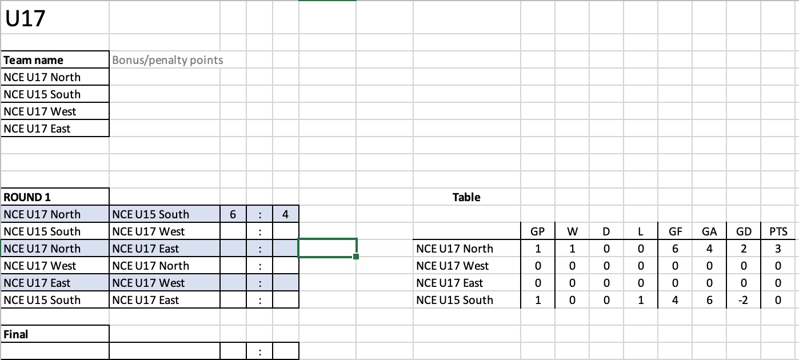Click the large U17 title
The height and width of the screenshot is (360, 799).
tap(25, 18)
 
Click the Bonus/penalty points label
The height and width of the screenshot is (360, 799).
tap(167, 60)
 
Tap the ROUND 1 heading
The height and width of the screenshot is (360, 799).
tap(27, 197)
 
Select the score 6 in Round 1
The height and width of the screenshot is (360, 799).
tap(233, 214)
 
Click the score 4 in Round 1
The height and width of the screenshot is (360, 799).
tap(285, 214)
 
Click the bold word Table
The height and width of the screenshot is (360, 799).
tap(466, 197)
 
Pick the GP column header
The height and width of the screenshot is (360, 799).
tap(538, 231)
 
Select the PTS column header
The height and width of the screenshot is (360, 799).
tap(778, 231)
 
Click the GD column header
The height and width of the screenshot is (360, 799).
tap(744, 231)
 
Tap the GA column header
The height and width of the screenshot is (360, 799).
tap(709, 231)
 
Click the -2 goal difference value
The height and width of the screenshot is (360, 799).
tap(743, 300)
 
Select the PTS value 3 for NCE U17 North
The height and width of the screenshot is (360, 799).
tap(778, 249)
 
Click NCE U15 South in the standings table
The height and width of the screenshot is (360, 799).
tap(455, 300)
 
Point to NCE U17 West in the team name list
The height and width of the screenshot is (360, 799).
tap(39, 111)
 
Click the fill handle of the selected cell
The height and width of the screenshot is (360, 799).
tap(356, 256)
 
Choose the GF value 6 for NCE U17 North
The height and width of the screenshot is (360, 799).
tap(675, 249)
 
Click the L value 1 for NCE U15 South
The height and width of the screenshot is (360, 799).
tap(641, 300)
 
